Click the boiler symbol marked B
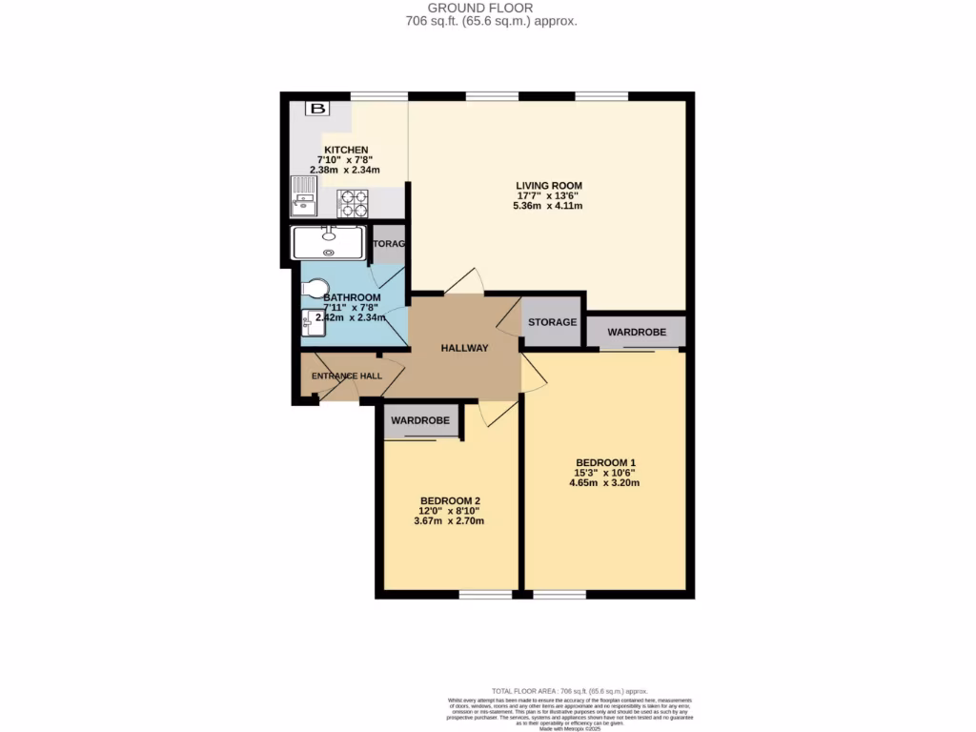tap(314, 109)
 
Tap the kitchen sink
tap(303, 199)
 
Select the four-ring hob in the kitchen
tap(353, 203)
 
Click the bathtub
tap(329, 242)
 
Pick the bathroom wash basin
tap(312, 323)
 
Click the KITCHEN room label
tap(346, 151)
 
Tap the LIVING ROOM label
tap(548, 186)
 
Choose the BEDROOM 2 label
tap(450, 501)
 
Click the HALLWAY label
tap(464, 348)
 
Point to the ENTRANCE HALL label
tap(347, 376)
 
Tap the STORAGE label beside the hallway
tap(552, 322)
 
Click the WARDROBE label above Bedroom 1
tap(636, 333)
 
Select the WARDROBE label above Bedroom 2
tap(421, 419)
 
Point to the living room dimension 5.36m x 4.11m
tap(548, 206)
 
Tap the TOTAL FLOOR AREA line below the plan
tap(569, 691)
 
